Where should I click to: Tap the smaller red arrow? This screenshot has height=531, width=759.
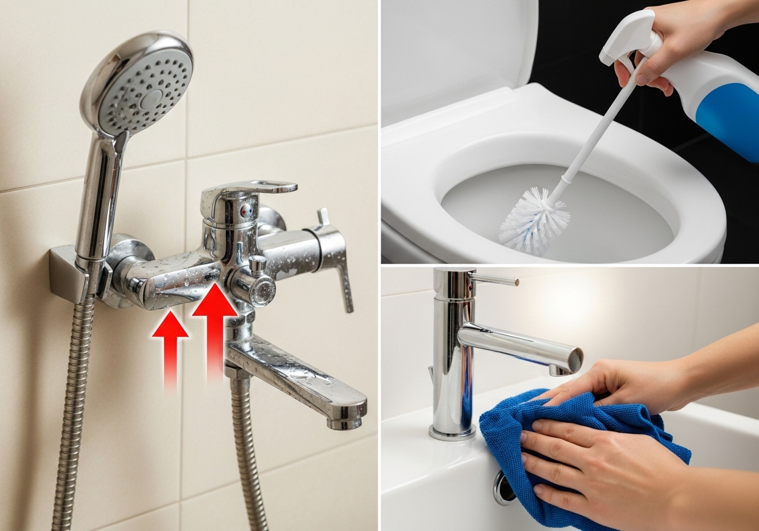170,344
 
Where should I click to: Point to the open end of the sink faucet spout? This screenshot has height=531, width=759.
574,359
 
